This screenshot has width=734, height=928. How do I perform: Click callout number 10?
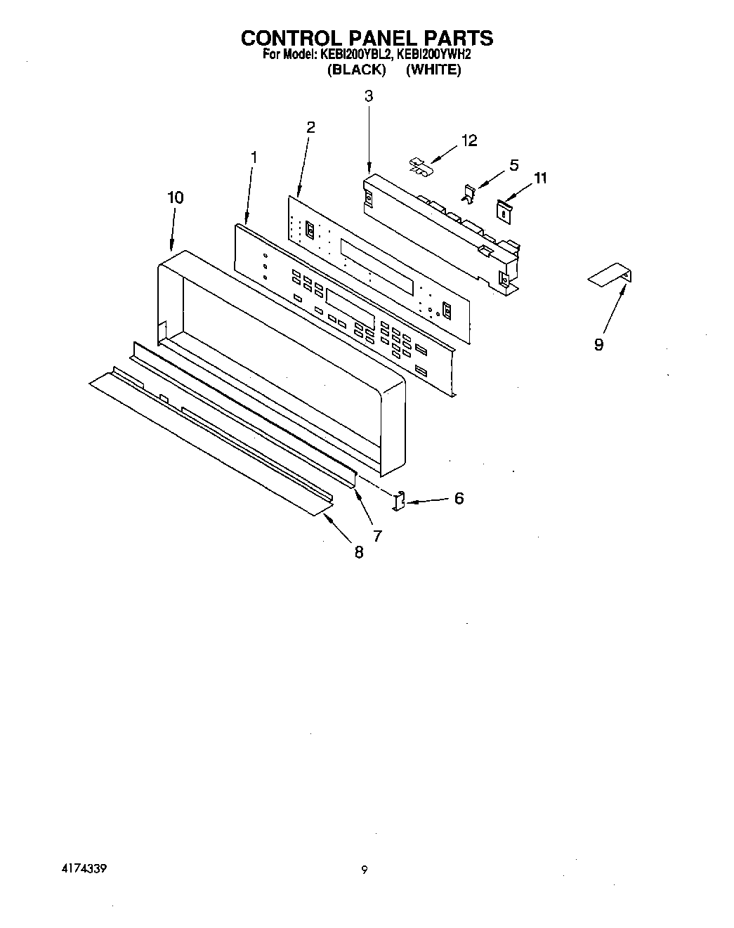point(175,198)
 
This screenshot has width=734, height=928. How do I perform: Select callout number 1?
point(254,158)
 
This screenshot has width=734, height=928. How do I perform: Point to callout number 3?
point(369,96)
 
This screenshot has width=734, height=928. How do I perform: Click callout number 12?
point(468,140)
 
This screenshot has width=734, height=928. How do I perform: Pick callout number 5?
point(514,165)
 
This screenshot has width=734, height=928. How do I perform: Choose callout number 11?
point(539,178)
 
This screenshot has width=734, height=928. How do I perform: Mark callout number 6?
point(459,498)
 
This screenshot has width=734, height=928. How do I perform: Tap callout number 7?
point(377,536)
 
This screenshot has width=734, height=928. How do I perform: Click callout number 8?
point(359,552)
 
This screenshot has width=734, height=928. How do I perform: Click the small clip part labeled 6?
point(399,500)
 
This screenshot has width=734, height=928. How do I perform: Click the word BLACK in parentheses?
point(357,70)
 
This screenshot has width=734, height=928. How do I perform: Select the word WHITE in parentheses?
point(433,70)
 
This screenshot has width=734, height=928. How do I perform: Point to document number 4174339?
point(82,868)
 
